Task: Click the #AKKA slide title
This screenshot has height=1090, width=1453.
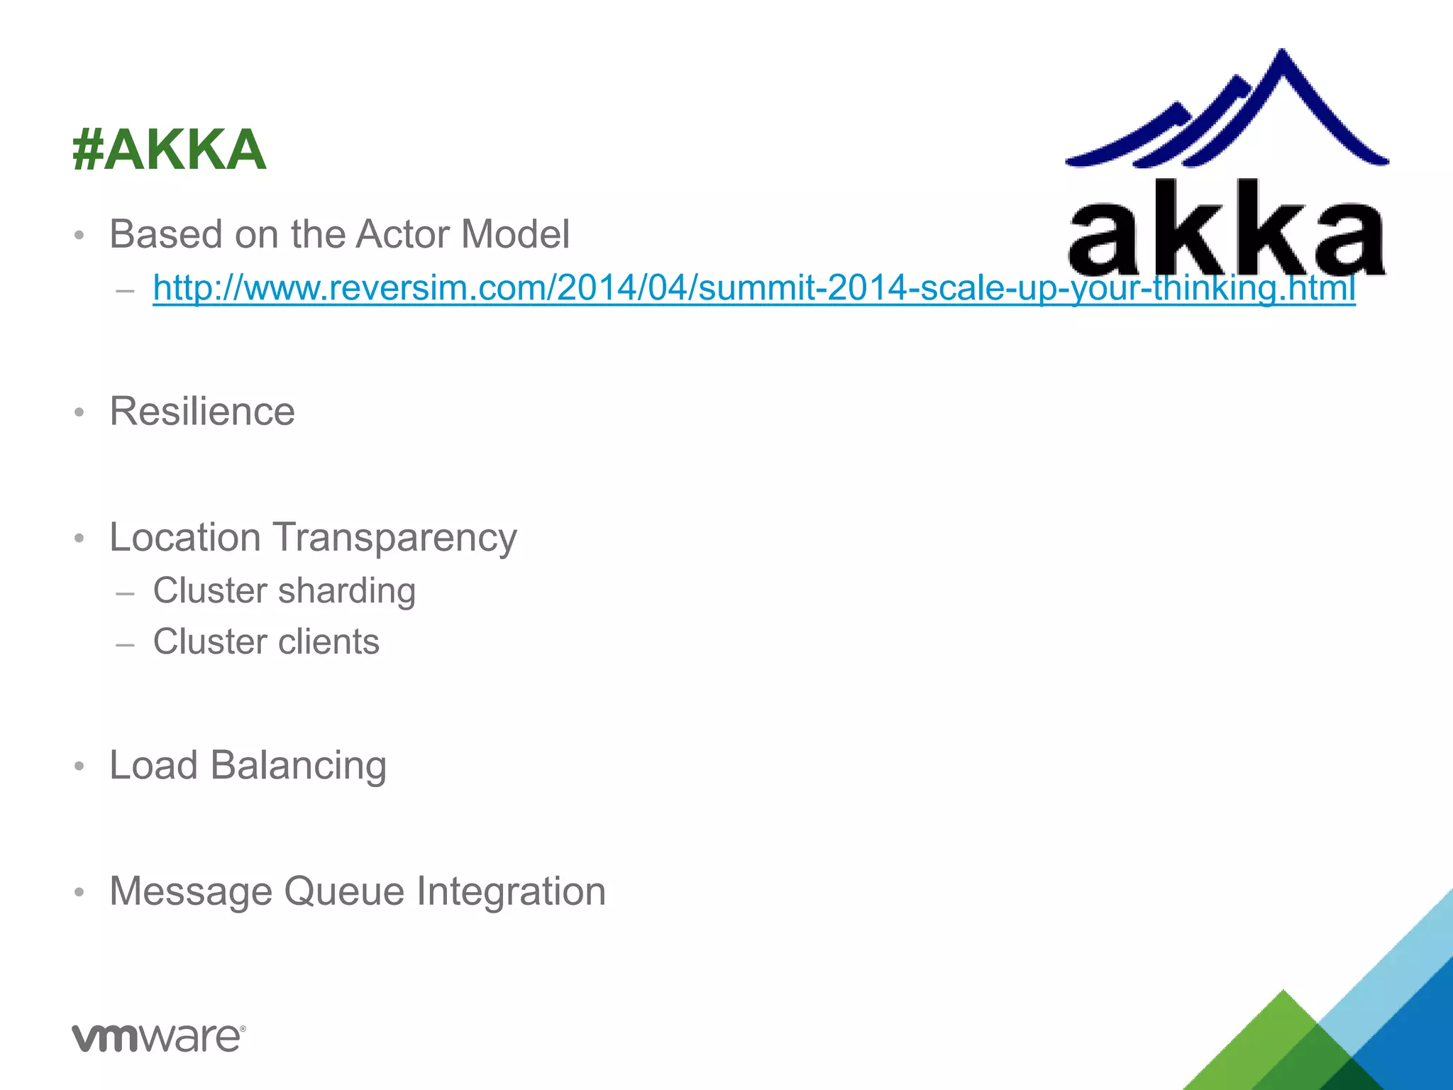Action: (169, 150)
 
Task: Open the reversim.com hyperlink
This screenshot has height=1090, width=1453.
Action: (753, 288)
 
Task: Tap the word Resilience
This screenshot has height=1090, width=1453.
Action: (202, 411)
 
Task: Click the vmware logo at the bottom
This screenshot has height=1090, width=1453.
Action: (158, 1037)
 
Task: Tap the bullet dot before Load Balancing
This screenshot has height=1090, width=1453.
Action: (79, 766)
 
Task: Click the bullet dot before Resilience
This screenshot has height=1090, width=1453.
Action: (79, 412)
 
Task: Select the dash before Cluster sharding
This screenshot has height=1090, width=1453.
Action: (125, 593)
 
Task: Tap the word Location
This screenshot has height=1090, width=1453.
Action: (185, 537)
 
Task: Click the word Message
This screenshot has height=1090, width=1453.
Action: (191, 891)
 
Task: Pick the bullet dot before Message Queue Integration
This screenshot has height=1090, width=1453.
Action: (79, 892)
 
